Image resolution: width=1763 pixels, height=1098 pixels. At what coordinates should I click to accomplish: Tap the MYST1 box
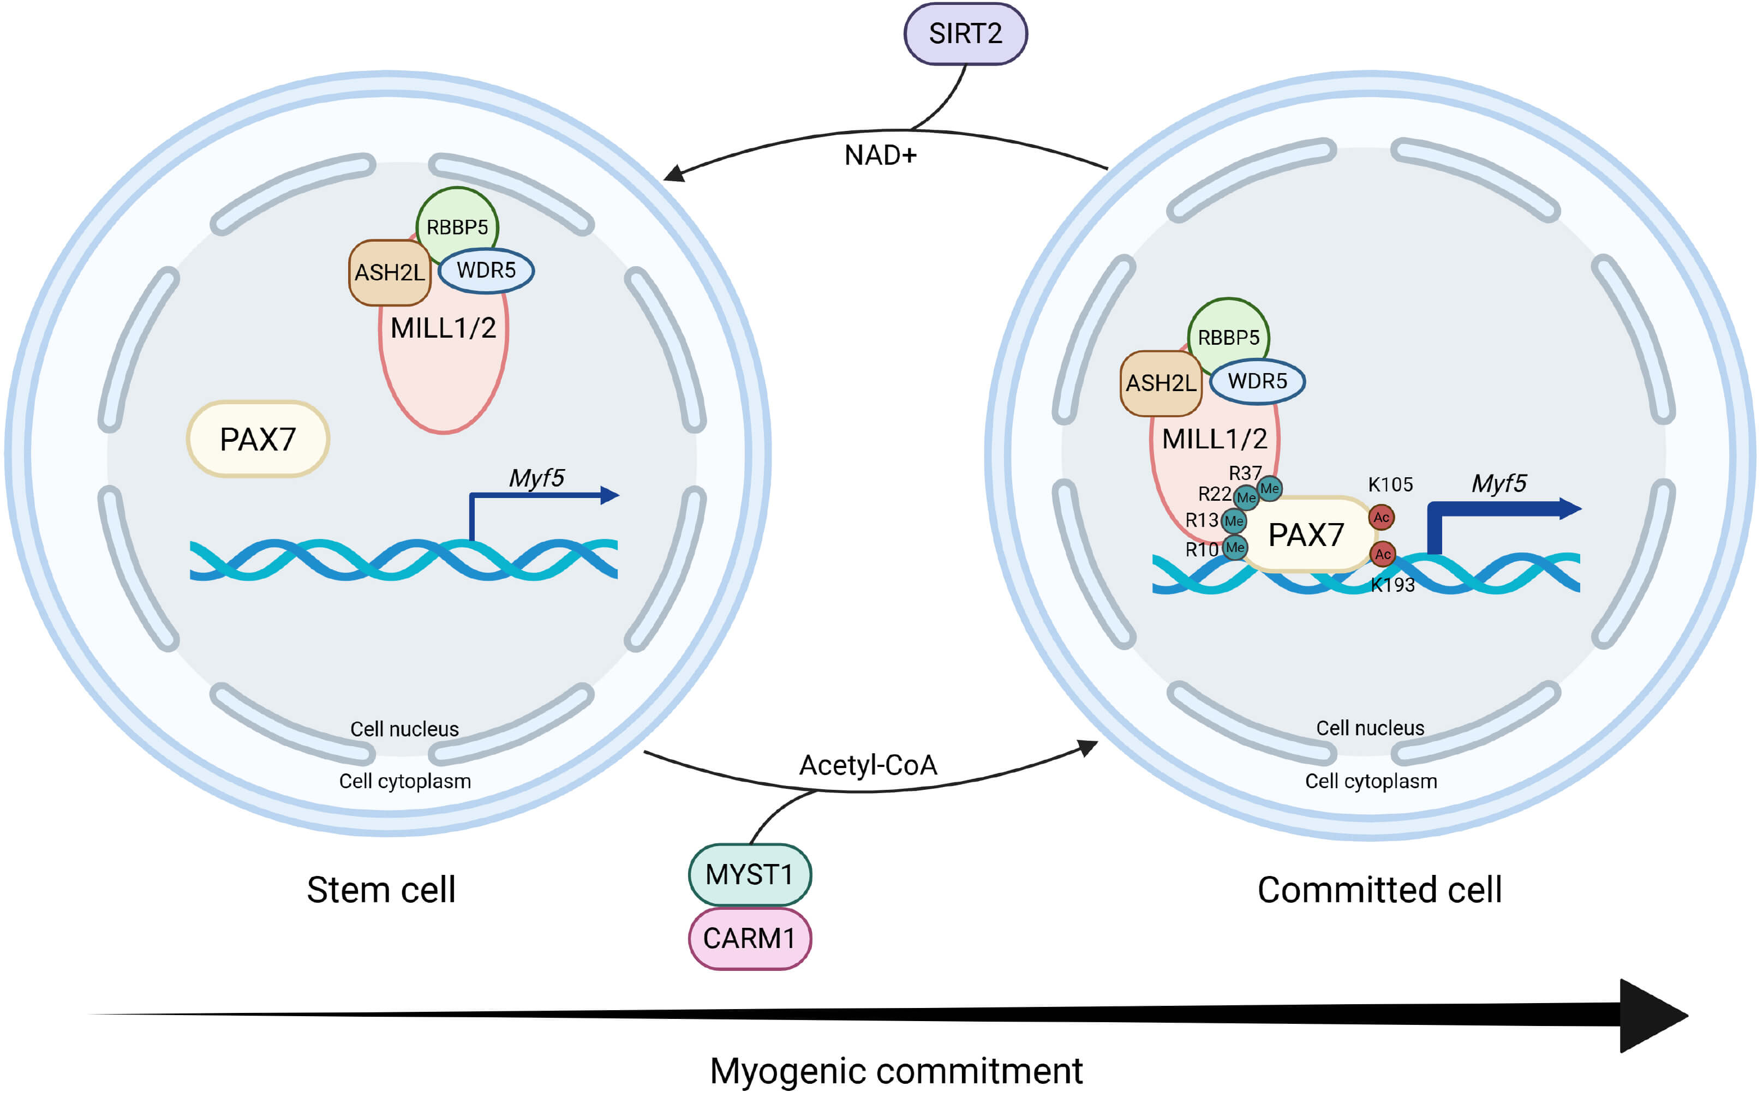(x=749, y=874)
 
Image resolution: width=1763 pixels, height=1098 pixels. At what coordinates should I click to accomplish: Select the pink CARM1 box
(x=749, y=938)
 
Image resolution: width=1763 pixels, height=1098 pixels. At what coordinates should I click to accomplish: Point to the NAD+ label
(x=881, y=155)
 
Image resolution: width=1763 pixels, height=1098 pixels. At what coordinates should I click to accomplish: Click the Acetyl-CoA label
(x=868, y=765)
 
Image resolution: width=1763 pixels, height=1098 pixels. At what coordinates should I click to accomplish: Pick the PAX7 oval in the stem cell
(x=258, y=439)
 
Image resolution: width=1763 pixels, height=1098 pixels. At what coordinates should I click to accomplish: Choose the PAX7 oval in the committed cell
(x=1305, y=535)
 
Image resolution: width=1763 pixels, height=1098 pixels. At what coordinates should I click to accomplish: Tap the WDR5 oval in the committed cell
(x=1257, y=381)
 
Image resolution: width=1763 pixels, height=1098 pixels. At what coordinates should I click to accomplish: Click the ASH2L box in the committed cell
(x=1161, y=383)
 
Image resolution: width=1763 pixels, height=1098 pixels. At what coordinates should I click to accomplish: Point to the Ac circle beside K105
(x=1381, y=518)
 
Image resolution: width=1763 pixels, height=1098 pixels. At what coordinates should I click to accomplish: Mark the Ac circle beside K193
(x=1382, y=554)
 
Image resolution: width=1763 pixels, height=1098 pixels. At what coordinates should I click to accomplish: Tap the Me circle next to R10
(x=1235, y=548)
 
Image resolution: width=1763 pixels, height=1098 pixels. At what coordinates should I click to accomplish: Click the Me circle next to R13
(x=1234, y=521)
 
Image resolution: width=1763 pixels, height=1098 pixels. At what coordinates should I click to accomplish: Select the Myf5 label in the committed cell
(x=1498, y=484)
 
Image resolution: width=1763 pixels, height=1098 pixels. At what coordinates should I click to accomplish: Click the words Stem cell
(x=381, y=890)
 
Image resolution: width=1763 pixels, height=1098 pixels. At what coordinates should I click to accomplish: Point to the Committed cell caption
(x=1379, y=890)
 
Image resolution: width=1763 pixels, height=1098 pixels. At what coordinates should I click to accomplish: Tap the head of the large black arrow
(x=1653, y=1015)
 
